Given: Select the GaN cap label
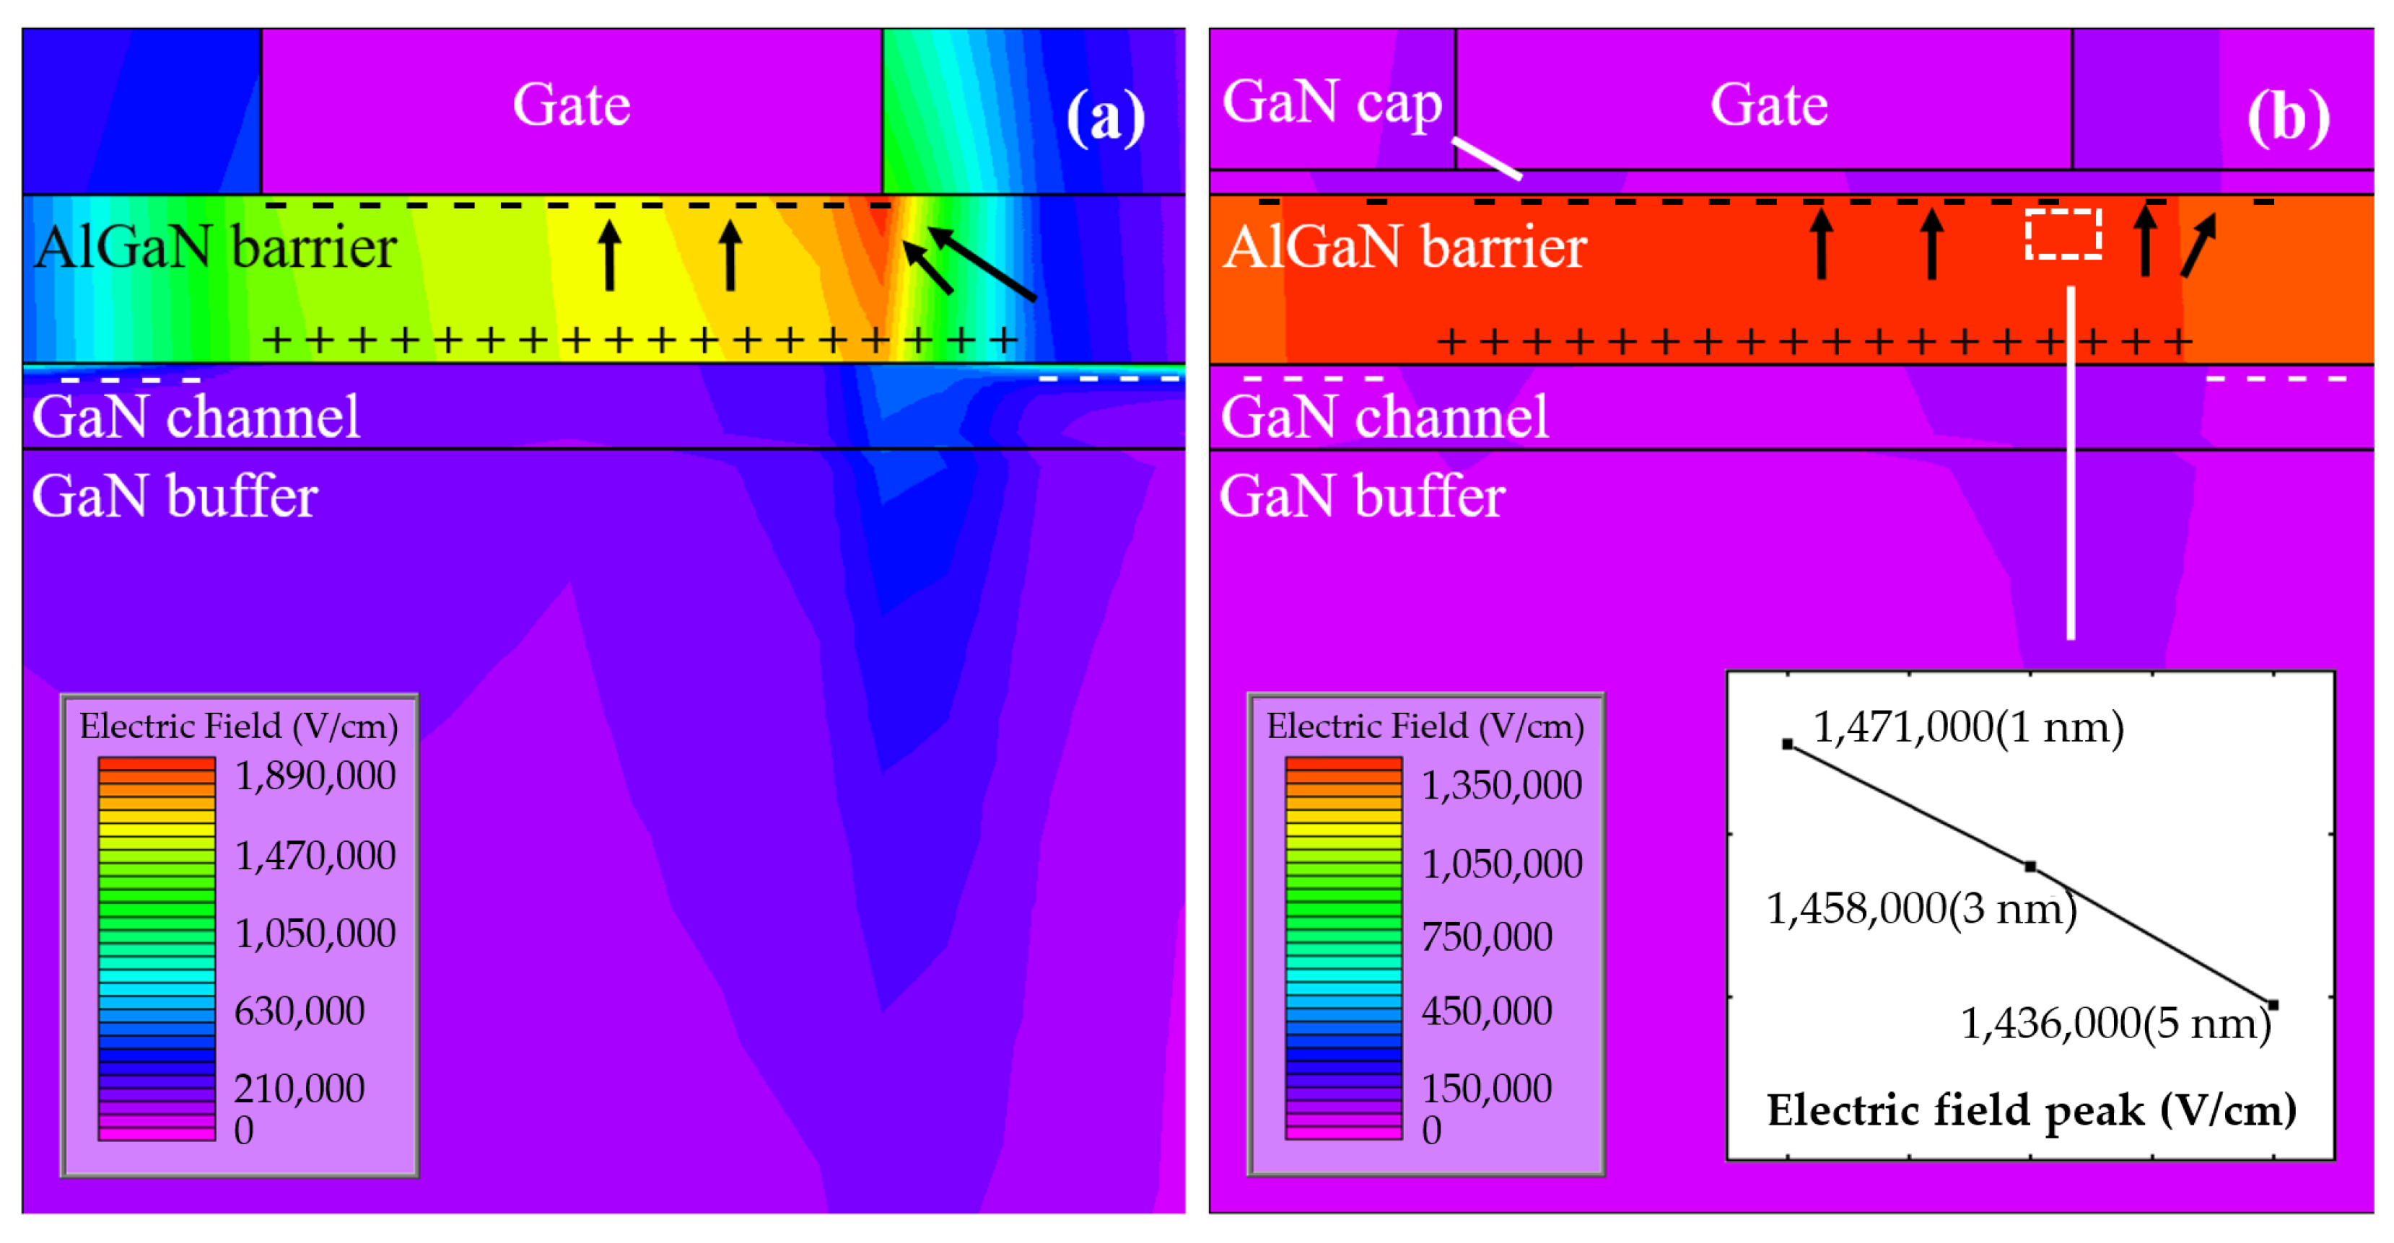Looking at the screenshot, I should [1332, 102].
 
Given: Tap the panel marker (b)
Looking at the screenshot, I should [2288, 118].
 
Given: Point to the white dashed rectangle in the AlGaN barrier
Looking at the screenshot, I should [2063, 233].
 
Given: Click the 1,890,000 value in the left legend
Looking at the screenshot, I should [315, 776].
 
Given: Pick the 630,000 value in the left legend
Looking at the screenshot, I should [300, 1011].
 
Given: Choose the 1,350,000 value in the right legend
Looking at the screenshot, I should [1501, 786].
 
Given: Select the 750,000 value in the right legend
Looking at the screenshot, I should [1486, 936].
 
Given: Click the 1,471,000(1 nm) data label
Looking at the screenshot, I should [1967, 727].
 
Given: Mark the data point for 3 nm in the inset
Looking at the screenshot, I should [2031, 866].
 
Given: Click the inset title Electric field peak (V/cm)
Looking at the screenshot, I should [2031, 1110].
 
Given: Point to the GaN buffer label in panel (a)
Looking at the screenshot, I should [175, 496].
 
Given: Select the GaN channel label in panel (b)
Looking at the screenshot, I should [1384, 416].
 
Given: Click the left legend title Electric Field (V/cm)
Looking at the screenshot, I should [239, 726].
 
